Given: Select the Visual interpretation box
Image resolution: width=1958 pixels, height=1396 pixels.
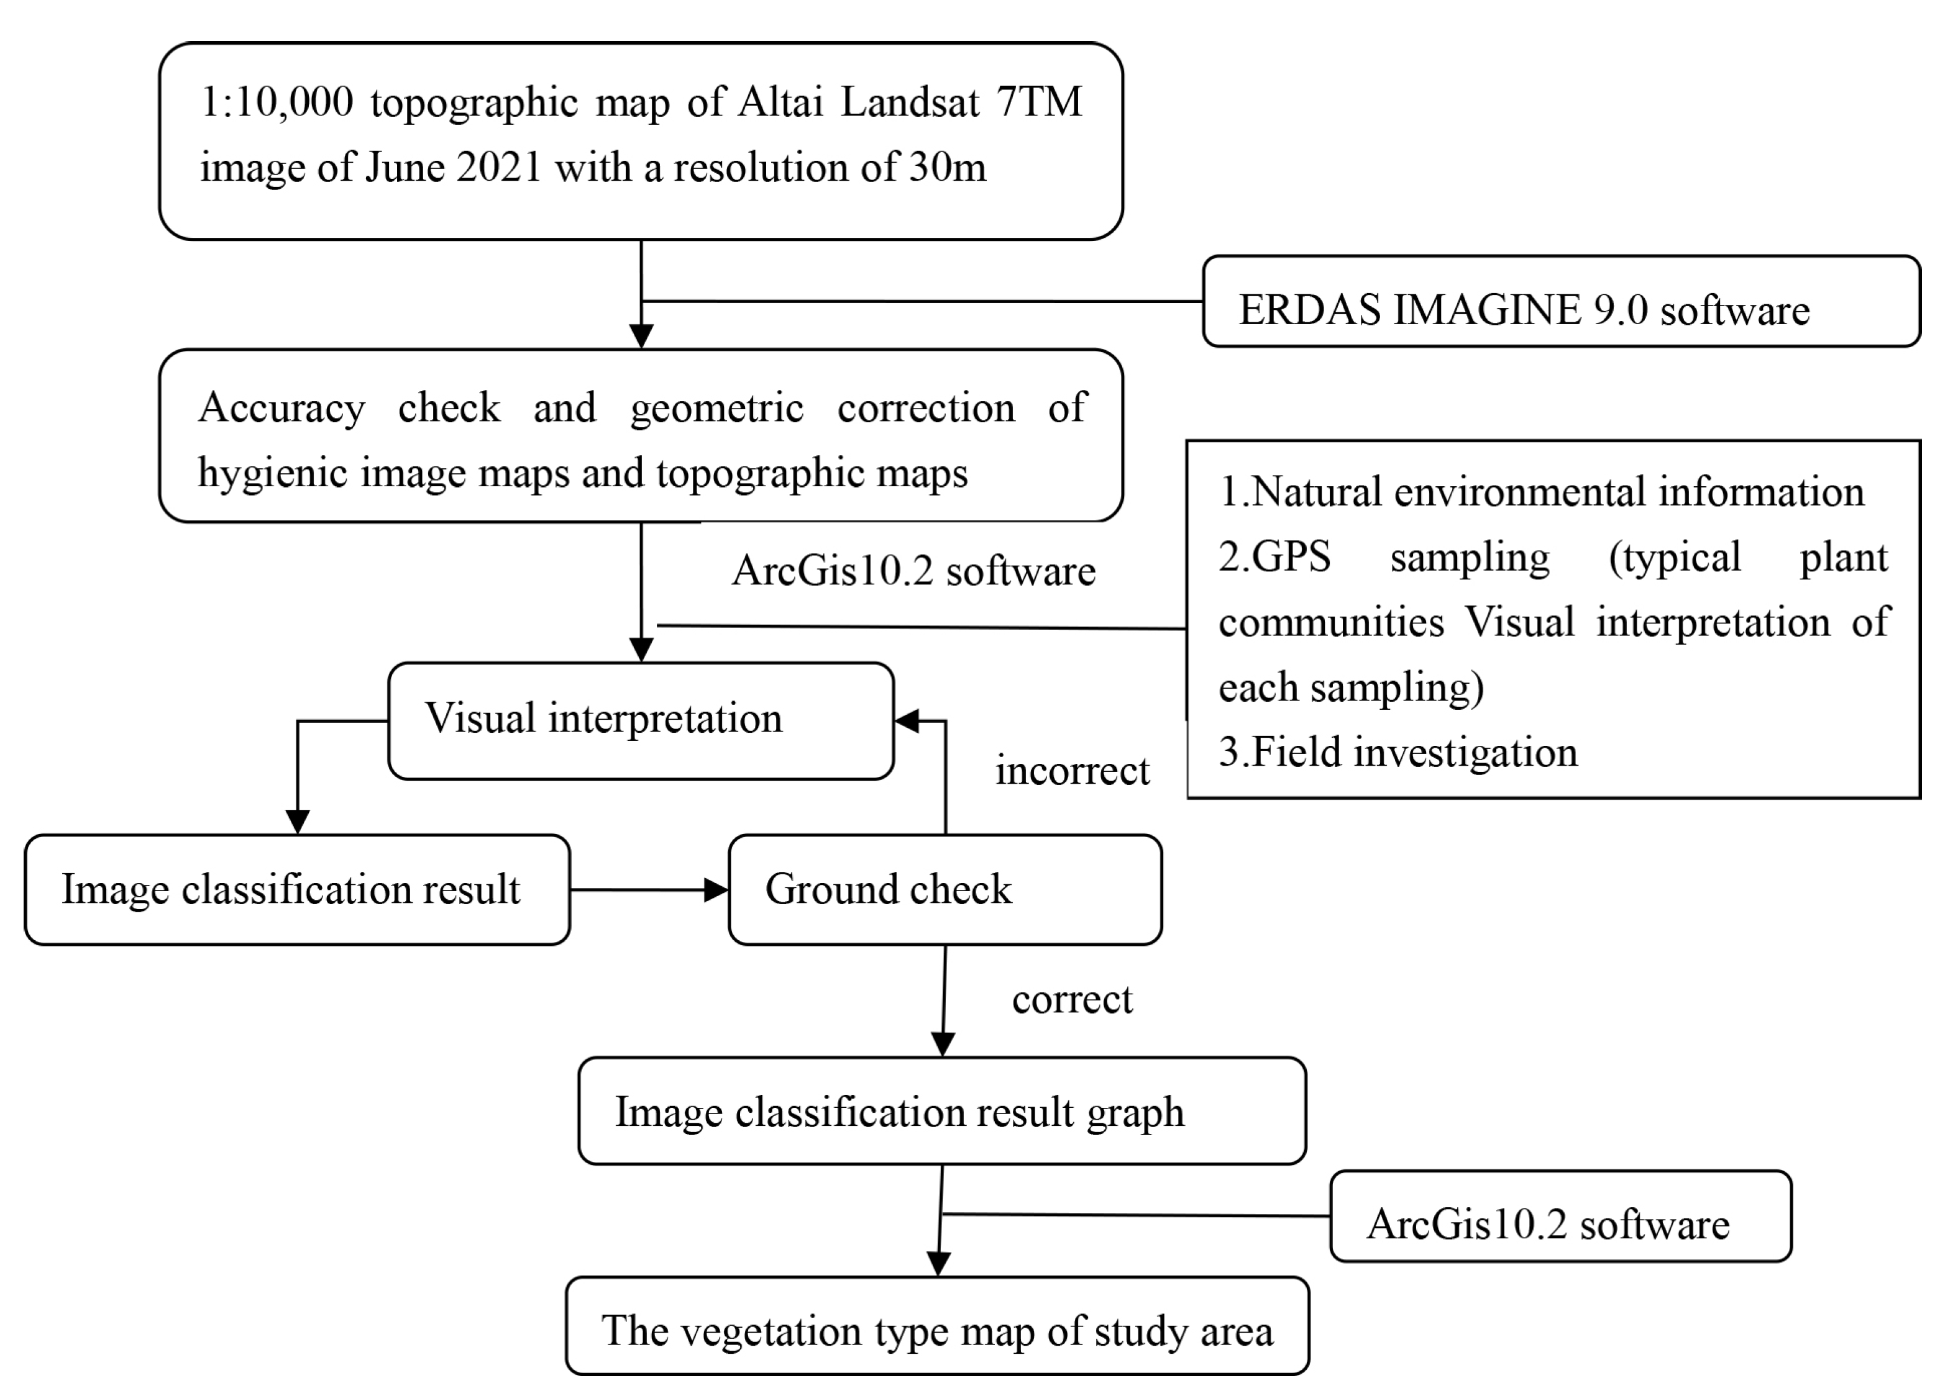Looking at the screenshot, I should (641, 720).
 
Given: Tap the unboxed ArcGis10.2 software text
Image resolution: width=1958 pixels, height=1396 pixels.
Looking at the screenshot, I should (913, 571).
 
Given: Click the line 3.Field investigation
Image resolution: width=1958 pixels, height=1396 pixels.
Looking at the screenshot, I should (1398, 752).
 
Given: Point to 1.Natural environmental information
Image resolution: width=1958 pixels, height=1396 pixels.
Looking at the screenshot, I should (1541, 492).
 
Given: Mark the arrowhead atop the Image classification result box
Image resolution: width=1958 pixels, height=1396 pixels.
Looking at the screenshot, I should (298, 822).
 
